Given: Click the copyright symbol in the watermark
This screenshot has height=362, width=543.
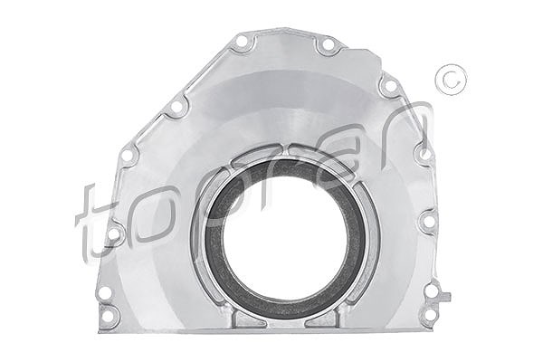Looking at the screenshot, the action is pos(451,80).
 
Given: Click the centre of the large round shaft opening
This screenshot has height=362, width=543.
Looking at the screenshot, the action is pos(285,238).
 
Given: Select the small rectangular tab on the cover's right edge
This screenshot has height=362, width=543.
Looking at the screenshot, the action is pos(445,296).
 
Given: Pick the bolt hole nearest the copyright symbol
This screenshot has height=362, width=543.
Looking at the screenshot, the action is pos(390,85).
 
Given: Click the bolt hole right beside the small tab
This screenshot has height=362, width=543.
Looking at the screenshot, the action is pos(432,291).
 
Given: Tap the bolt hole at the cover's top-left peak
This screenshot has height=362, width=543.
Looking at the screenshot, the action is pos(243,43).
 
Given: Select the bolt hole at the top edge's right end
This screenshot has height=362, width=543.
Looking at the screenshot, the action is pos(327,45).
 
